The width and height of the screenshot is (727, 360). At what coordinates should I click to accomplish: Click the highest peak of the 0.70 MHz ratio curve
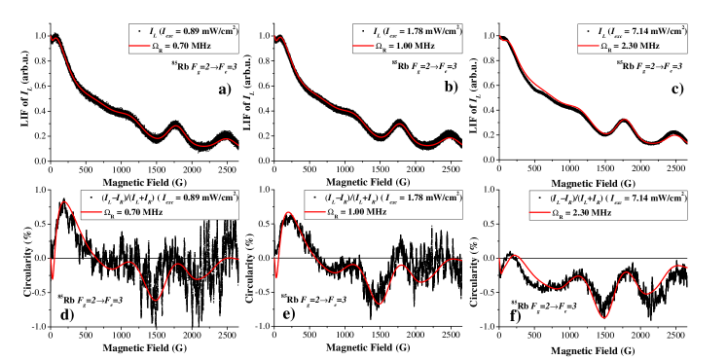pyautogui.click(x=64, y=202)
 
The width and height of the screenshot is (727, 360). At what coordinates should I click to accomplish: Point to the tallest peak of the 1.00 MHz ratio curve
pyautogui.click(x=288, y=212)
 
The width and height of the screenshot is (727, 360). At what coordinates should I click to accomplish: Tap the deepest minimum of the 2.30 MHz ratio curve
pyautogui.click(x=604, y=317)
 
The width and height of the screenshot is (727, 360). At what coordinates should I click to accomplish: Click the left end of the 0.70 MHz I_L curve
pyautogui.click(x=52, y=38)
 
